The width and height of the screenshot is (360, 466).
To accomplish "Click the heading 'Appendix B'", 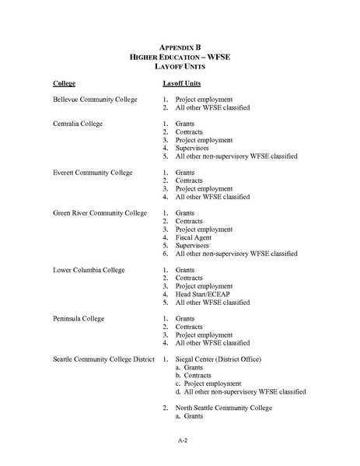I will click(x=180, y=47).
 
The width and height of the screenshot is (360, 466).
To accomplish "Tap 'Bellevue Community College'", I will click(x=95, y=100).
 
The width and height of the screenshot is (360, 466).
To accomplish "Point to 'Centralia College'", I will click(x=78, y=124).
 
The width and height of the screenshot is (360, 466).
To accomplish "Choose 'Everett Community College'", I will click(x=93, y=172).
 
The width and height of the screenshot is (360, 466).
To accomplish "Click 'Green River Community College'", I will click(x=99, y=212).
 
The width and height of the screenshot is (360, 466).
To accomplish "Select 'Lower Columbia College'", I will click(x=86, y=270).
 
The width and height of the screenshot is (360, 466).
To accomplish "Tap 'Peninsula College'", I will click(x=78, y=318).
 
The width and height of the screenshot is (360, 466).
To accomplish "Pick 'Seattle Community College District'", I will click(x=105, y=359).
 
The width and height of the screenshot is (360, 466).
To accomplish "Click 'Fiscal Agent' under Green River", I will click(x=194, y=237).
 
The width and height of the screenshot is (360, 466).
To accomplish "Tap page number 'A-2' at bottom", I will click(x=181, y=440).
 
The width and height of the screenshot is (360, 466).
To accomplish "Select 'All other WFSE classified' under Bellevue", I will click(x=212, y=107).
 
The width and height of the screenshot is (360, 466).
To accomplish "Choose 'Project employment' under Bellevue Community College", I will click(x=204, y=100).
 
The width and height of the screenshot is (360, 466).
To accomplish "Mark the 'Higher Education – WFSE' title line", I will click(x=180, y=57).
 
